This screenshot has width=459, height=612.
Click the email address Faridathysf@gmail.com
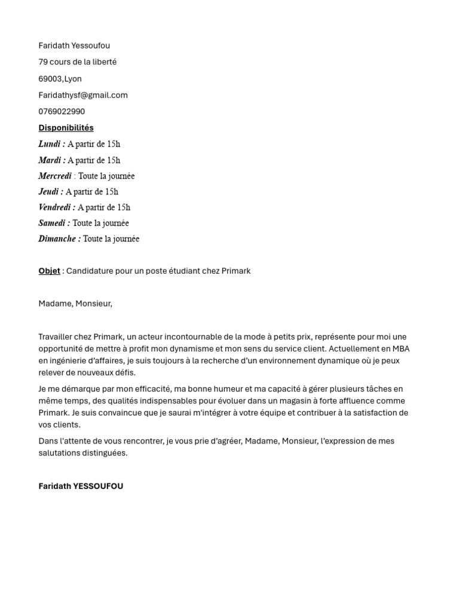click(x=83, y=95)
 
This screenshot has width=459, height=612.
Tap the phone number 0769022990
click(x=62, y=111)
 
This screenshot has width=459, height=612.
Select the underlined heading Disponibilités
click(x=66, y=128)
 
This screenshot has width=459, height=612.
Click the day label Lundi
click(x=50, y=144)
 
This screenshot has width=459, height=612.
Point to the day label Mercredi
click(x=55, y=176)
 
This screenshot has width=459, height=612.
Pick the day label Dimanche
click(x=58, y=239)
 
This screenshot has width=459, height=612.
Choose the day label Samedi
click(x=53, y=223)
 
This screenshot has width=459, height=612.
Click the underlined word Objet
click(x=49, y=271)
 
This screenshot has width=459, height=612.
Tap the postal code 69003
click(x=50, y=79)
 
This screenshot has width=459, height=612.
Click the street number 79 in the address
click(x=43, y=62)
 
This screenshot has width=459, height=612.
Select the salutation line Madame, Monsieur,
click(x=75, y=304)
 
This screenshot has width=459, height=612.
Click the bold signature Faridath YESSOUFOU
click(x=81, y=486)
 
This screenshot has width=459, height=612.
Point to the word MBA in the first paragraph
click(x=400, y=349)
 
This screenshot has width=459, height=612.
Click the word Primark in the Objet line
click(x=236, y=271)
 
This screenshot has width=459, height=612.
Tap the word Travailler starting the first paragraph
click(x=57, y=337)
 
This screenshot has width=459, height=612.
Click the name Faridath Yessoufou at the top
click(x=74, y=46)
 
